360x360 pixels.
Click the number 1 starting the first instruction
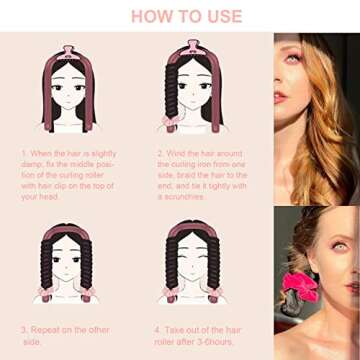tap(23, 154)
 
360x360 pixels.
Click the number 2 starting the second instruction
tap(161, 154)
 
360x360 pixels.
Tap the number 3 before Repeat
tap(23, 328)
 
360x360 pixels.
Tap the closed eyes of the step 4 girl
tap(196, 268)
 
